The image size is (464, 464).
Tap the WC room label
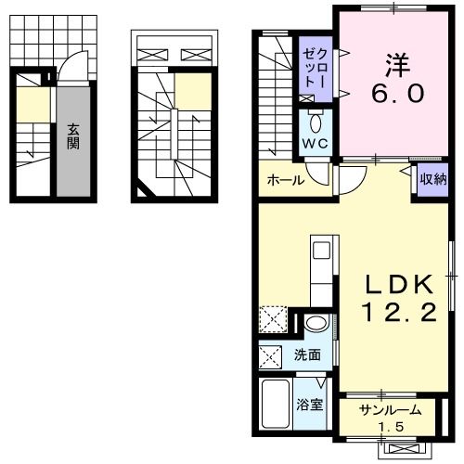312,143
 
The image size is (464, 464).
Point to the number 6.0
399,94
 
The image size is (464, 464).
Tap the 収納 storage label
433,180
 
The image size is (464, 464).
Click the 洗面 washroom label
307,354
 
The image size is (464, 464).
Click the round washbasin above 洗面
316,324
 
